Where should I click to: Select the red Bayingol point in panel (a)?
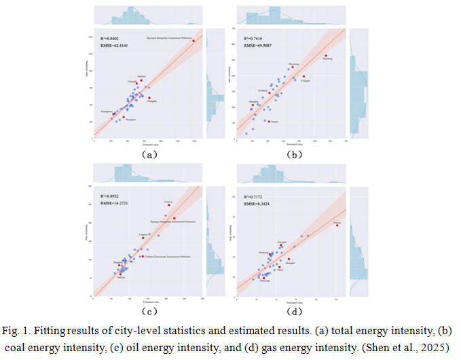193,41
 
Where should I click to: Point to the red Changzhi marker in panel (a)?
149,98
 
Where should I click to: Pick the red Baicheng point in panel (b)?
326,56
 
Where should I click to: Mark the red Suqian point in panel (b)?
269,122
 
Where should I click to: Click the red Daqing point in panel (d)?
337,226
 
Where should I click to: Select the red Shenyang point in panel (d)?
264,278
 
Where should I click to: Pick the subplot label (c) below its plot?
149,312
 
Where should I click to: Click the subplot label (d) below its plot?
294,312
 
